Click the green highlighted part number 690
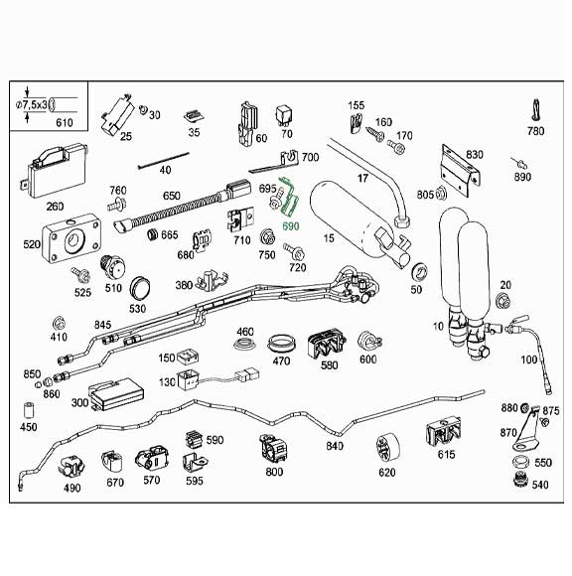pos(291,225)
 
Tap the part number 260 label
pos(55,207)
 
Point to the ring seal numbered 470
pos(283,343)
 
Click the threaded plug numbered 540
pos(516,482)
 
